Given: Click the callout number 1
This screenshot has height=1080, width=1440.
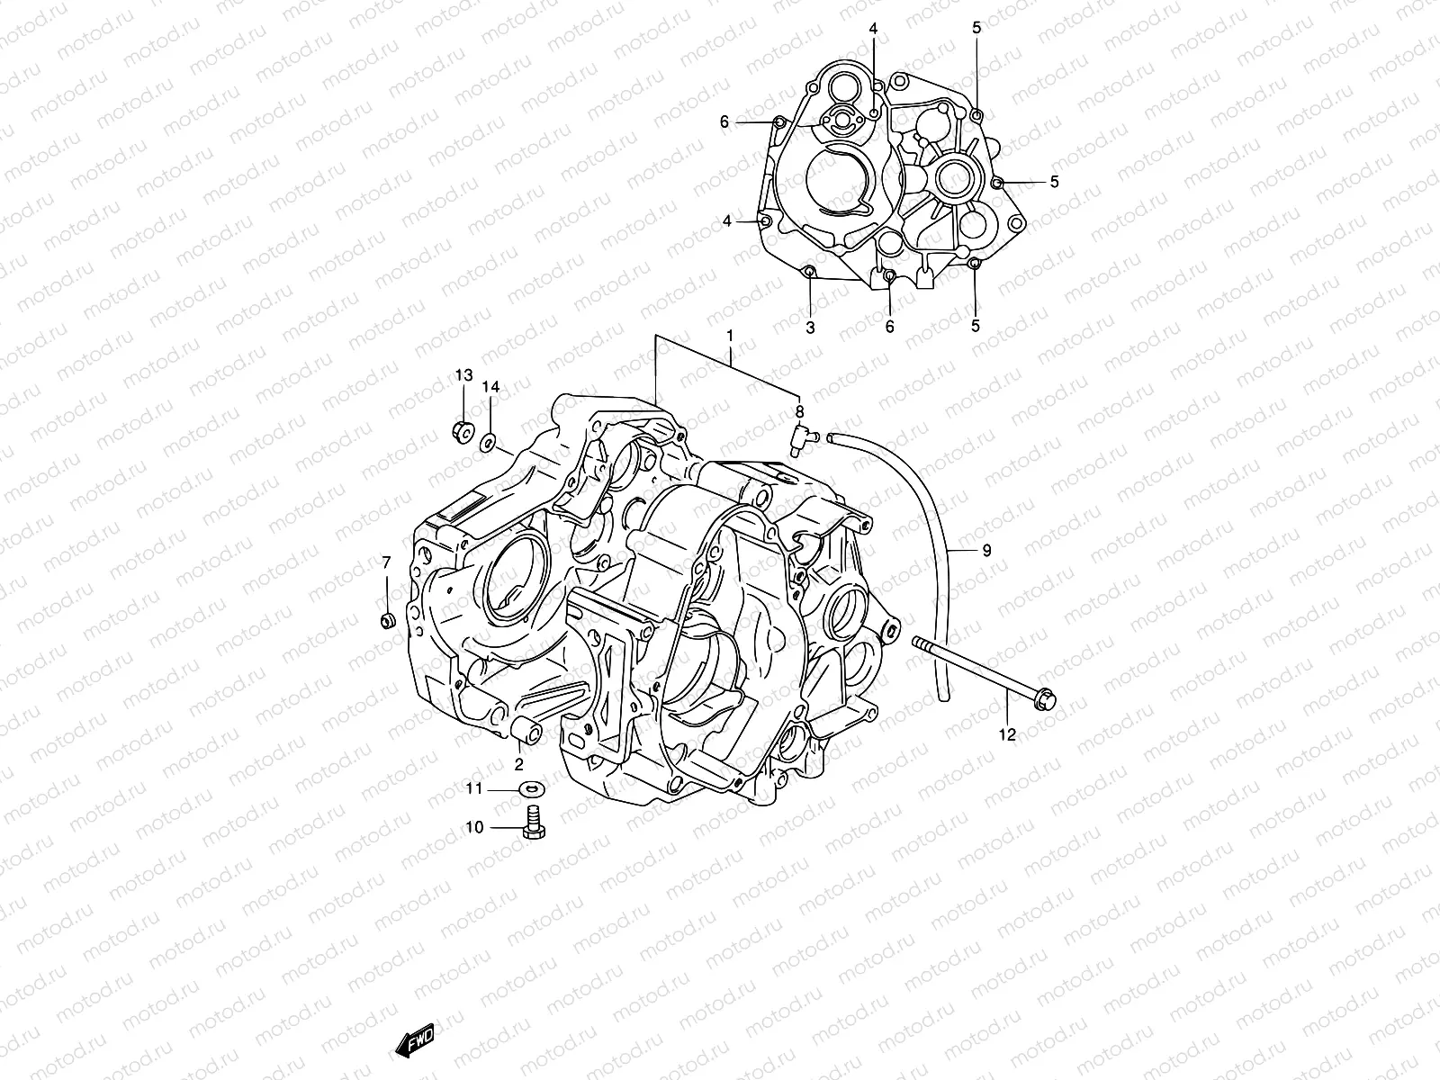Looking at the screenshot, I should point(730,335).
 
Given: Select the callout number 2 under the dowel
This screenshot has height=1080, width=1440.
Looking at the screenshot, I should point(518,766).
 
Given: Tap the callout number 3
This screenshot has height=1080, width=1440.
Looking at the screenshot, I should point(810,328).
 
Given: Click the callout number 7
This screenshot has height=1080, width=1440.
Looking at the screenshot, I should point(386,562).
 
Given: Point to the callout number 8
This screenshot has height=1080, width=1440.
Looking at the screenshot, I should point(798,411).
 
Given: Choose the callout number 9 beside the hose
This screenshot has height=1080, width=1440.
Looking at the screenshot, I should point(986,550).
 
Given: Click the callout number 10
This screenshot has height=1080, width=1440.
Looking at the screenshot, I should point(474,827).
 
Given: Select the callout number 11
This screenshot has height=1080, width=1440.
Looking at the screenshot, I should point(474,788).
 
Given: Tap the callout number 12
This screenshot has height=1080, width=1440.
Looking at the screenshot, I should point(1007,734).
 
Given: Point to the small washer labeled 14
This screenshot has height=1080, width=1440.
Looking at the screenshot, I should point(488,440).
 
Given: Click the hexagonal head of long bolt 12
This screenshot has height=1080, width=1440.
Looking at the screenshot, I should point(1044,698).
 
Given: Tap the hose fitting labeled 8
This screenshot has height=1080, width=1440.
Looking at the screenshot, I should point(799,438).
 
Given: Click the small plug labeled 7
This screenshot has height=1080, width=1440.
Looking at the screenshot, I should point(388,620).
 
